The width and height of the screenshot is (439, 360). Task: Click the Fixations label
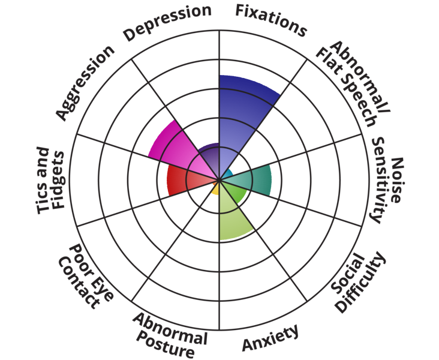tap(270, 20)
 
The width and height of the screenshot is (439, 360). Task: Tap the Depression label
tap(167, 22)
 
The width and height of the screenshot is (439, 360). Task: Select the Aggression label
tap(85, 83)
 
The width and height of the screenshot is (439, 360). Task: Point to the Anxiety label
tap(270, 338)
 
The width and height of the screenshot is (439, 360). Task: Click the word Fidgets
tap(59, 180)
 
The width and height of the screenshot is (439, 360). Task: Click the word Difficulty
tap(361, 281)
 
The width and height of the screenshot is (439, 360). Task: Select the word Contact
tap(79, 283)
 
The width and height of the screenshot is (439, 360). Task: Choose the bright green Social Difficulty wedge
tap(235, 191)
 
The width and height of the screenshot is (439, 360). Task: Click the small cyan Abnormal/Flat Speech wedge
tap(227, 173)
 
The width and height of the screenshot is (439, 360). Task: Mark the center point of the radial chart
tap(220, 179)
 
